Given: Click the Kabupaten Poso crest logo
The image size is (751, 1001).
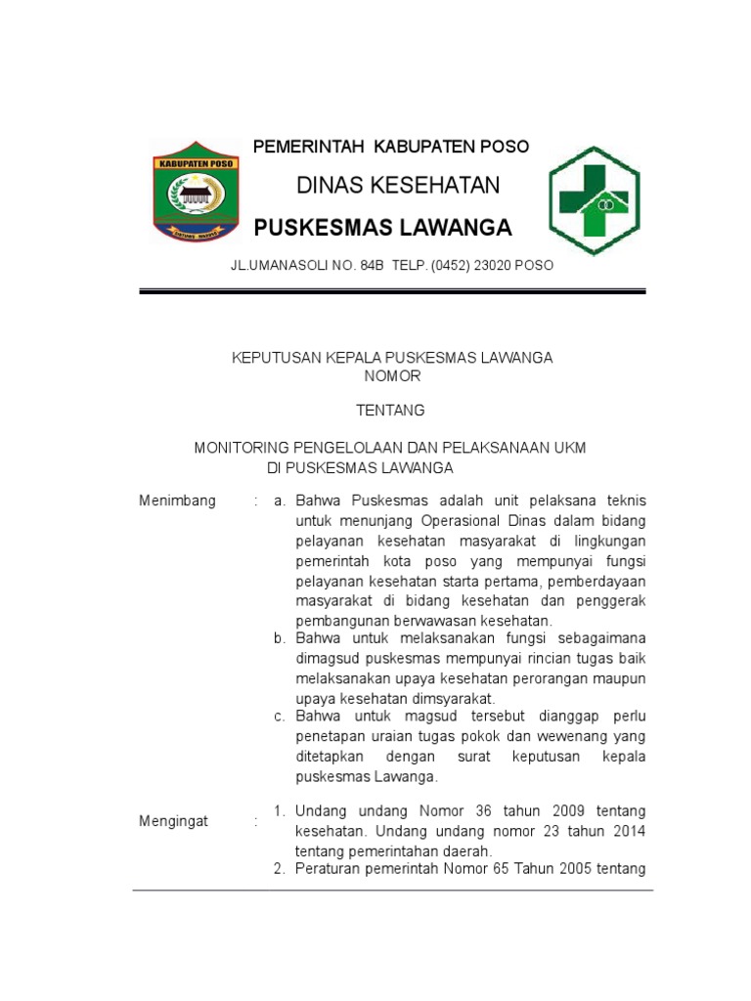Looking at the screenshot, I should pos(194,191).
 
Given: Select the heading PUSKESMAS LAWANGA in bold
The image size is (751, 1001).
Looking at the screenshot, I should pos(382,228).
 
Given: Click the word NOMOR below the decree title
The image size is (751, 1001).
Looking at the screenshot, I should pos(392,376).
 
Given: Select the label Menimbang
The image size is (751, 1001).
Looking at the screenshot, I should pos(177,500).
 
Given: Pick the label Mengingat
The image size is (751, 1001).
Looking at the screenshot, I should pos(174,821).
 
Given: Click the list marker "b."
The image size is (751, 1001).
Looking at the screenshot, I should pos(279,638).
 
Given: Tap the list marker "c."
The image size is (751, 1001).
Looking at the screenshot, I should pos(279,717).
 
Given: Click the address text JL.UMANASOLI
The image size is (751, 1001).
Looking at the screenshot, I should pos(279,265).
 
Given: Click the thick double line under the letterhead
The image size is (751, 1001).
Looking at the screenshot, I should pos(392,291).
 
